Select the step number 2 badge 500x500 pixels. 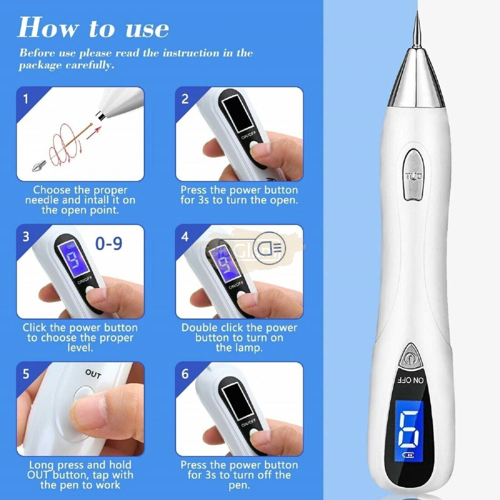185,99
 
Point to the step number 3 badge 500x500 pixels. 26,237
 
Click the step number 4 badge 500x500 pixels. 185,237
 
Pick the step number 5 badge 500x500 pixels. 26,374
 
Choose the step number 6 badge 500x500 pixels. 185,374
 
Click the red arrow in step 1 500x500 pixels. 94,133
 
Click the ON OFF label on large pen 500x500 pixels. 411,380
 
